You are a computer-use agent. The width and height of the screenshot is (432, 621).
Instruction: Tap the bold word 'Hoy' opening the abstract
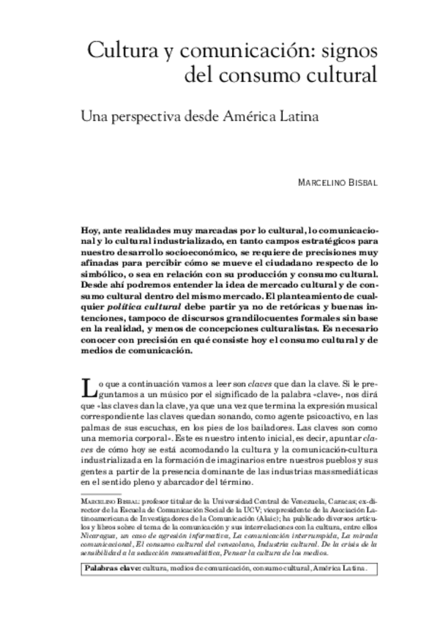[x=90, y=230]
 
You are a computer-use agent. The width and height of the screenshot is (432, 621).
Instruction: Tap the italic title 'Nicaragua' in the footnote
[x=97, y=535]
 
